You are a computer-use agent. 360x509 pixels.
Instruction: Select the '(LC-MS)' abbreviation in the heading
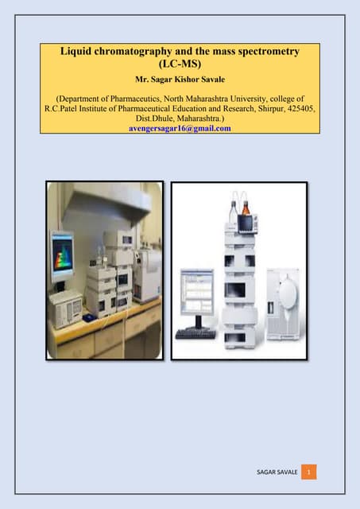[x=180, y=64]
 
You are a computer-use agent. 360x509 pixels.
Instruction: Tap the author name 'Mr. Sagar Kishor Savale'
[x=180, y=81]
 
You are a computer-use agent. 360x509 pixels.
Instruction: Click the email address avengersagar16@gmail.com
[x=180, y=127]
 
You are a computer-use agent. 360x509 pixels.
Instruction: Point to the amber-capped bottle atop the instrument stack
[x=246, y=209]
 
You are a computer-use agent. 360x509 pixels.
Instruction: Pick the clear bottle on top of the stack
[x=234, y=208]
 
